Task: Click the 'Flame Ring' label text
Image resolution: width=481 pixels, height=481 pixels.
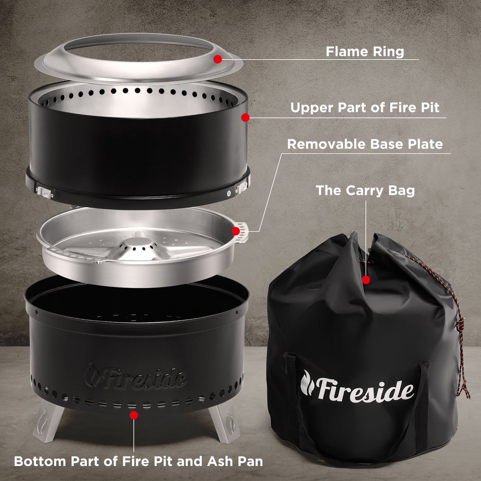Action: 365,52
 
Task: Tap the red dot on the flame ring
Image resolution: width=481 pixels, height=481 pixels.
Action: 217,59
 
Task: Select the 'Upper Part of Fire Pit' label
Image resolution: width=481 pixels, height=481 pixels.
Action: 365,108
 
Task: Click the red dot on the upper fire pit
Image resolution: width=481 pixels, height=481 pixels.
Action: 245,117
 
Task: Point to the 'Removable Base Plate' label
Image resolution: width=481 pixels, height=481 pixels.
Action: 365,144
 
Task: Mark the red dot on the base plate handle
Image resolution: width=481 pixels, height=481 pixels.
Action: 236,231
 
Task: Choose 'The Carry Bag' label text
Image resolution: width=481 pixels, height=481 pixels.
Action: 365,190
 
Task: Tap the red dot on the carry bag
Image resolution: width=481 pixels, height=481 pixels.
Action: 366,280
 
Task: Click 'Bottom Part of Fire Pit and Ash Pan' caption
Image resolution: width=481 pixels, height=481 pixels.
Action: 138,461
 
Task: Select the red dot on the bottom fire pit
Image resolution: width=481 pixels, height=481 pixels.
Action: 134,415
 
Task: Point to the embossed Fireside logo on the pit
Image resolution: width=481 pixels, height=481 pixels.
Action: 135,377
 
